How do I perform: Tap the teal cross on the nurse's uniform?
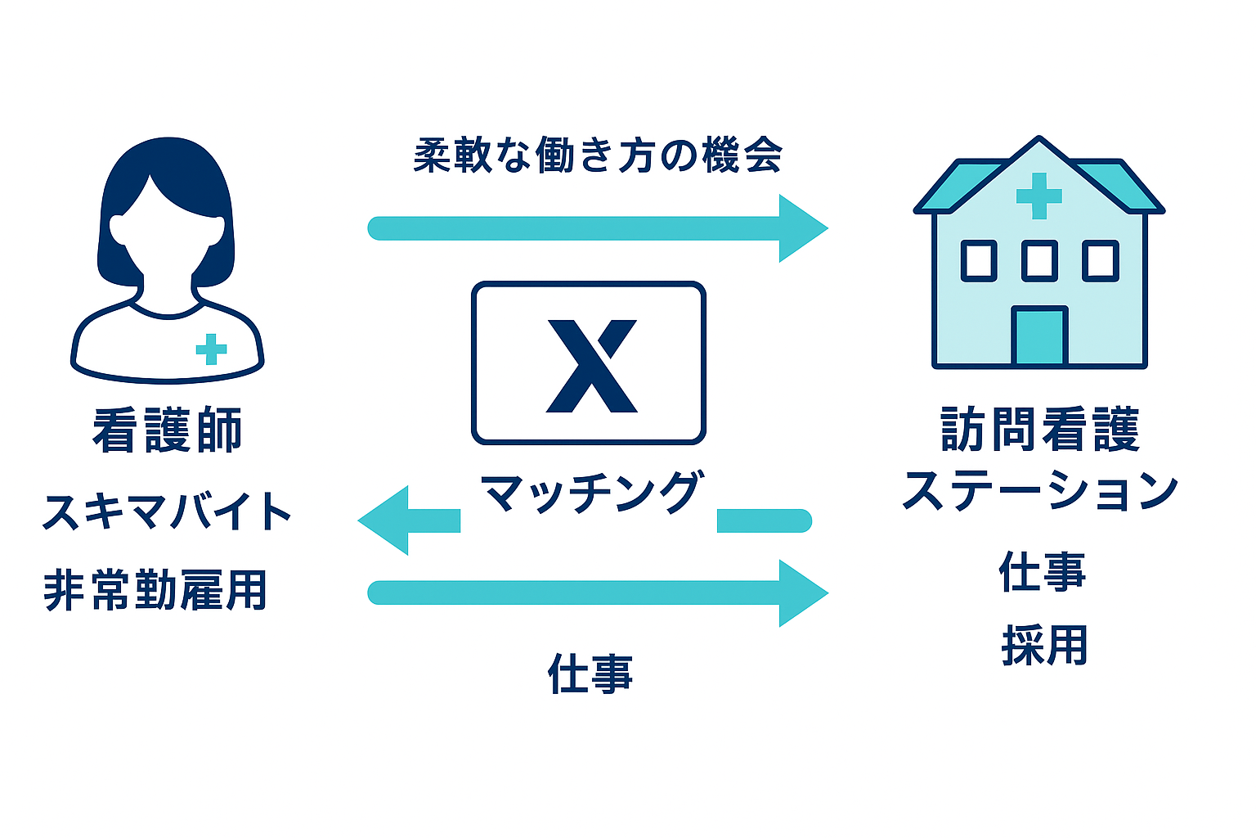(211, 349)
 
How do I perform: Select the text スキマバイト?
(167, 511)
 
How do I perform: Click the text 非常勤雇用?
(155, 589)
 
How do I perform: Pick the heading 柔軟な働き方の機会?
(598, 155)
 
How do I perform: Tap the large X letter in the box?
(590, 365)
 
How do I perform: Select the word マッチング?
(590, 493)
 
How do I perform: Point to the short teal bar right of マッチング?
(764, 520)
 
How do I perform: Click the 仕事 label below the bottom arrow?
(590, 674)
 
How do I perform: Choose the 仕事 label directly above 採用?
(1043, 571)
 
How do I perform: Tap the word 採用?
(1044, 646)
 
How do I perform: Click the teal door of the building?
(1039, 336)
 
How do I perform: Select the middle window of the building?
(1039, 260)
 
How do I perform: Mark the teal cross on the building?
(1038, 196)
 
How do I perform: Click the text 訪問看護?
(1039, 430)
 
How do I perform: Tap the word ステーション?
(1039, 491)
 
